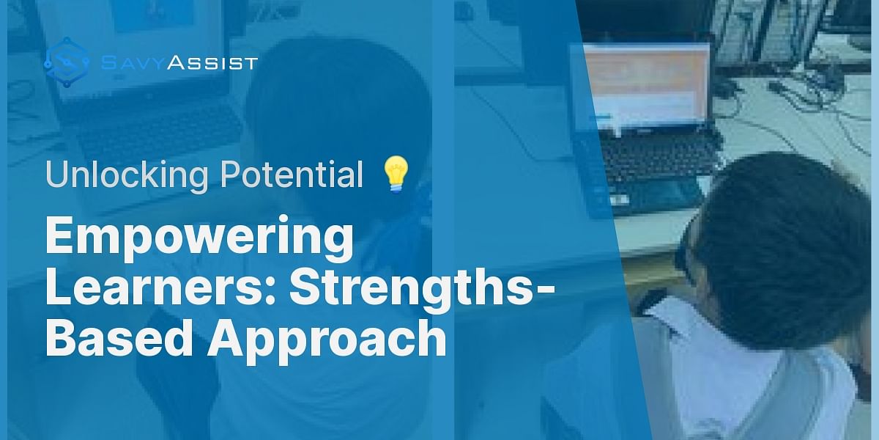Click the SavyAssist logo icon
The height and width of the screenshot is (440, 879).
pos(67,62)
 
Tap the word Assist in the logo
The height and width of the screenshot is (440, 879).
pos(212,62)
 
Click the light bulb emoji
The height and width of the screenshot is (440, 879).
pos(396,175)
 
